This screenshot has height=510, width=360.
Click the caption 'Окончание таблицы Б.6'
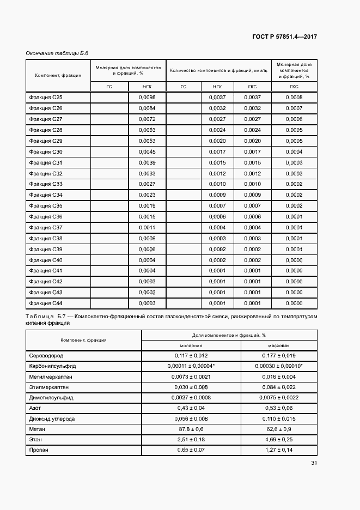coord(57,53)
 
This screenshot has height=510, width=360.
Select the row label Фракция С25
coord(46,98)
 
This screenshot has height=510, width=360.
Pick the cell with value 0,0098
coord(147,98)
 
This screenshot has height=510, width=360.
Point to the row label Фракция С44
coord(46,303)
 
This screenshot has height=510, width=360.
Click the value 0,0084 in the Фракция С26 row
coord(147,108)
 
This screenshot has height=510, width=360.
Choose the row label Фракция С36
coord(46,217)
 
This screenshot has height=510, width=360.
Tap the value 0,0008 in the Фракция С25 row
coord(294,98)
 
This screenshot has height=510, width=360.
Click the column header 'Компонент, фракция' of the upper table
coord(58,75)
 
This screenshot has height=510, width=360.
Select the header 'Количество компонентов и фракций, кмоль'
coord(218,70)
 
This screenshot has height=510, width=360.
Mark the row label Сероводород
coord(47,355)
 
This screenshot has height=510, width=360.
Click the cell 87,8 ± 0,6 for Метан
coord(191,429)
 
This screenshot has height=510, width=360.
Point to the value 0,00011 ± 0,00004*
coord(191,366)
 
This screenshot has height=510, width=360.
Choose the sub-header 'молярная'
coord(191,345)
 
